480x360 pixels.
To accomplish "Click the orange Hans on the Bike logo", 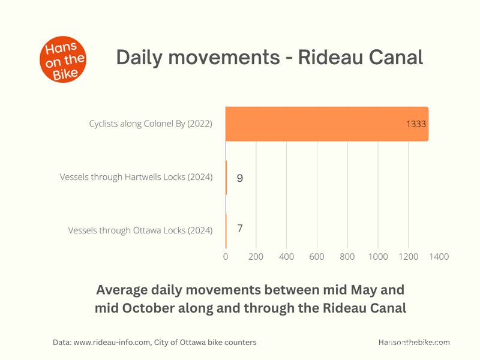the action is click(x=63, y=59).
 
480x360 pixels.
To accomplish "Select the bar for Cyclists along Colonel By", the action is click(x=327, y=124).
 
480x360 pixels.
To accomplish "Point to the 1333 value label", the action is click(x=416, y=124).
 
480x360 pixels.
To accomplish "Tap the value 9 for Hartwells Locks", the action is click(x=240, y=178).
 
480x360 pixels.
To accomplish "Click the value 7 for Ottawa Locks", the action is click(x=240, y=228).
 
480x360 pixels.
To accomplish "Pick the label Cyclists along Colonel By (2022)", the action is click(x=151, y=124).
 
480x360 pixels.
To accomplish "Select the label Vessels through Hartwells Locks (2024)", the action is click(x=136, y=177).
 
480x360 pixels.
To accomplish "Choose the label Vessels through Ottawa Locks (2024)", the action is click(x=140, y=230).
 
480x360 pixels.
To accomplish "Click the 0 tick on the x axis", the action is click(x=226, y=257).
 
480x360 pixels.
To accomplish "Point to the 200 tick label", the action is click(x=256, y=257).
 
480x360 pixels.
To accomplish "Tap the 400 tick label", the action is click(x=287, y=257).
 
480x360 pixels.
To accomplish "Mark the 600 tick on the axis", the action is click(x=317, y=257).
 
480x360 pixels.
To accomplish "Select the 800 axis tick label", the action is click(x=347, y=257).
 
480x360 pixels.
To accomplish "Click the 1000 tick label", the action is click(x=378, y=257).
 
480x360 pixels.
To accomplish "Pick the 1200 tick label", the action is click(x=409, y=257).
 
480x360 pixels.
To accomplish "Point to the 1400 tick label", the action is click(x=439, y=257).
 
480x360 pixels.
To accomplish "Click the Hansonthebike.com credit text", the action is click(x=414, y=342).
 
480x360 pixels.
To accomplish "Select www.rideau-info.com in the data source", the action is click(x=112, y=342).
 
